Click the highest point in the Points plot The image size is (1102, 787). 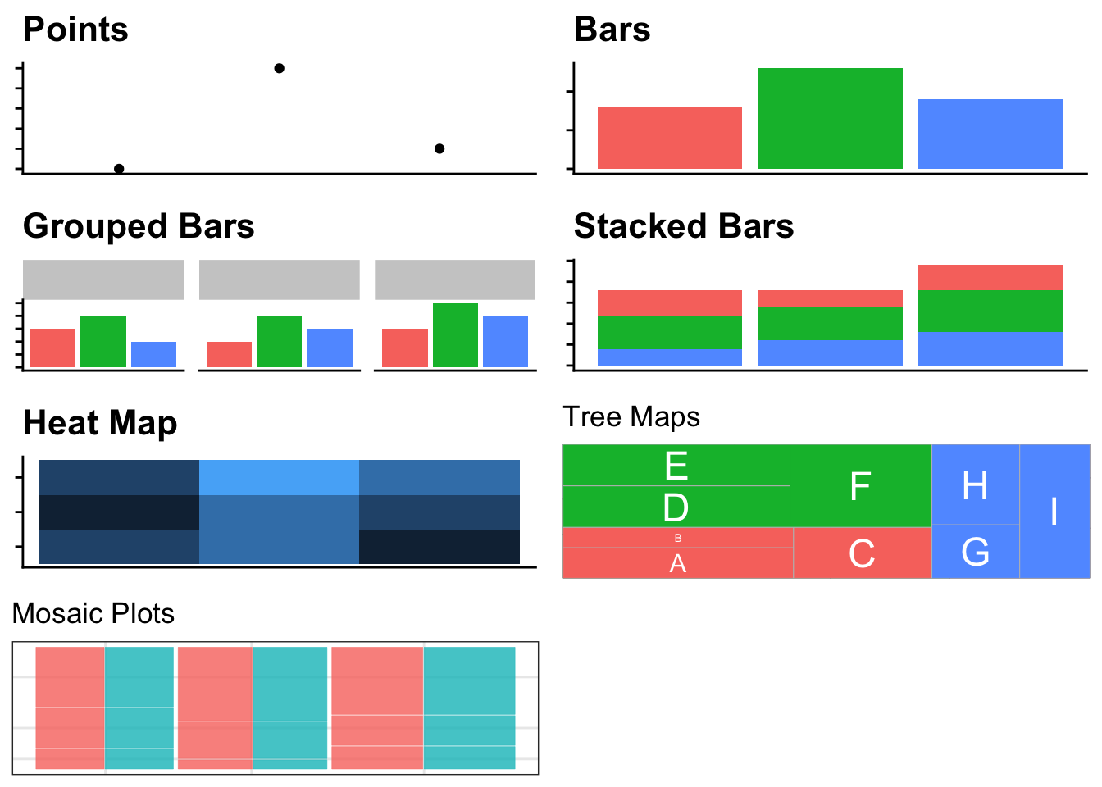279,68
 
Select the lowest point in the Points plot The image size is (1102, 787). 119,169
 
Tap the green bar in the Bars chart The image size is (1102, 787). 830,119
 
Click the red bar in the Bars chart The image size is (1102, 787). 669,138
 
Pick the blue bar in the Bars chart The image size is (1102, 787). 990,134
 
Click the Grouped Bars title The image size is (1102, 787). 139,226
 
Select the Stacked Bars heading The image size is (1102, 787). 683,226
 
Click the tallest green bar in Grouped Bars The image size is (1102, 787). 455,335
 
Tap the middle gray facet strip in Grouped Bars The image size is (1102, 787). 279,280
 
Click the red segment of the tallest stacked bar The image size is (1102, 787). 990,277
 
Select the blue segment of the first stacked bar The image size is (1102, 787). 669,357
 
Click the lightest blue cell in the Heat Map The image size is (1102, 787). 279,477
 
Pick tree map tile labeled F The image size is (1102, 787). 860,486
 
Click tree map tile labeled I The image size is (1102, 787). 1054,512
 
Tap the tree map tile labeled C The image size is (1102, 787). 862,553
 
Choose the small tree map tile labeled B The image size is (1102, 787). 677,538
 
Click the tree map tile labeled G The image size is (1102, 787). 975,552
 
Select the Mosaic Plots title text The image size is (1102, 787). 93,613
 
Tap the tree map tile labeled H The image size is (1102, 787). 975,485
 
